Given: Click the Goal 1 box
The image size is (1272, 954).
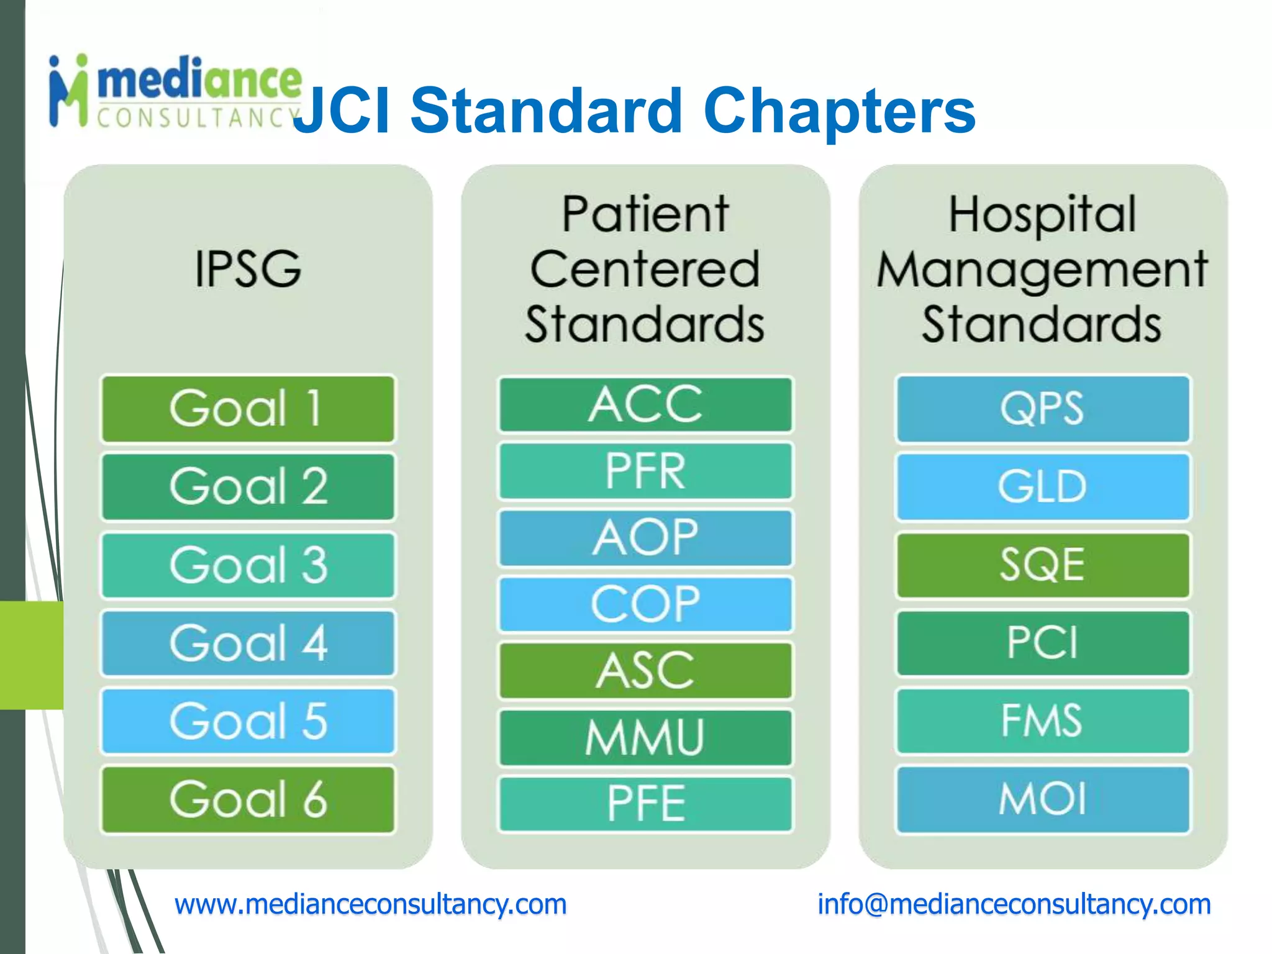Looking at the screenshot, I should tap(248, 409).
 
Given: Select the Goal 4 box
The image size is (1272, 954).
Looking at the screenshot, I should tap(248, 643).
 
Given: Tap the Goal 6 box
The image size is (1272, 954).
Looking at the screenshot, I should tap(248, 799).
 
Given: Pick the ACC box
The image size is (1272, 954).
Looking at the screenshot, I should tap(645, 404).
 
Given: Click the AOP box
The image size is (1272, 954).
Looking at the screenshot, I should tap(645, 538).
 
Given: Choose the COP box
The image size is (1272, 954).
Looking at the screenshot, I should tap(645, 604).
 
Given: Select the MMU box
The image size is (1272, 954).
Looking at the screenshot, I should tap(645, 738).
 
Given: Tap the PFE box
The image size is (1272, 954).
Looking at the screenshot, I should tap(645, 804).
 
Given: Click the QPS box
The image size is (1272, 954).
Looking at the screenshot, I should tap(1042, 409).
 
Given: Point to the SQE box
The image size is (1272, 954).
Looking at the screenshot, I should tap(1042, 565).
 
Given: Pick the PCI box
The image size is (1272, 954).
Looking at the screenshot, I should tap(1042, 643).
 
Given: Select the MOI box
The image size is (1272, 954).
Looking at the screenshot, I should tap(1042, 799).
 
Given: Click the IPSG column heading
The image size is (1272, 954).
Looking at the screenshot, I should tap(248, 269).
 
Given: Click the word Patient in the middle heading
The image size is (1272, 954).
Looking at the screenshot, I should tap(645, 214).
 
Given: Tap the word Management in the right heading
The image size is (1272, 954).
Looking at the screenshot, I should tap(1042, 270).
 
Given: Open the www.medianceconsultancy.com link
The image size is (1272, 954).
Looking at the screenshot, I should tap(370, 904).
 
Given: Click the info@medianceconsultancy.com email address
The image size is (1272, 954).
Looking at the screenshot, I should tap(1014, 904).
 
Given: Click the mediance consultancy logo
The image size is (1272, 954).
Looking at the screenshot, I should tap(174, 92).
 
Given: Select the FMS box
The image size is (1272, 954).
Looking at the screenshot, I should tap(1042, 721).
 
